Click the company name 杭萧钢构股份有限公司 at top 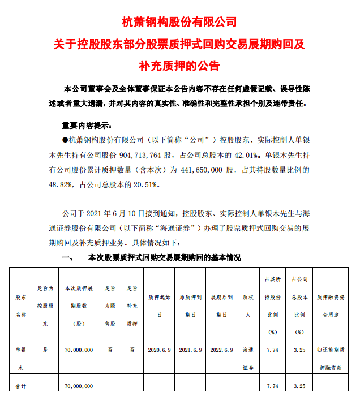(179, 22)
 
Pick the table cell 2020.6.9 (160, 350)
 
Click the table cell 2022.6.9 (222, 350)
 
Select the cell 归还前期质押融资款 (331, 359)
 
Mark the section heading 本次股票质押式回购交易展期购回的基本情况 (161, 257)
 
